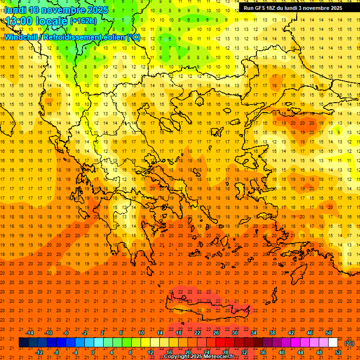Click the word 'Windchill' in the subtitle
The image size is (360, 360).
[22, 37]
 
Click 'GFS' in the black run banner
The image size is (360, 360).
[261, 8]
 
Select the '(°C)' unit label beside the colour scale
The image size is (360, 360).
[349, 343]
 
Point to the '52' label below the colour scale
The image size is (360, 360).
[338, 352]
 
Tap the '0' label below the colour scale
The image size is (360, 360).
[93, 352]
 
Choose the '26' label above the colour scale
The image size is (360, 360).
[216, 333]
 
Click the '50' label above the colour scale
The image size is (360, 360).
[329, 333]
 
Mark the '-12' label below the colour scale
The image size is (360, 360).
[39, 352]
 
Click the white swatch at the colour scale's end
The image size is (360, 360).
[333, 343]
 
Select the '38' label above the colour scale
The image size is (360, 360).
[272, 333]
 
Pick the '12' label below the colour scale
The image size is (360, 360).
[150, 352]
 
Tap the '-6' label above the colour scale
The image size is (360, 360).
[66, 333]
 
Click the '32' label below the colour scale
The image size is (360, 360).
[244, 352]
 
